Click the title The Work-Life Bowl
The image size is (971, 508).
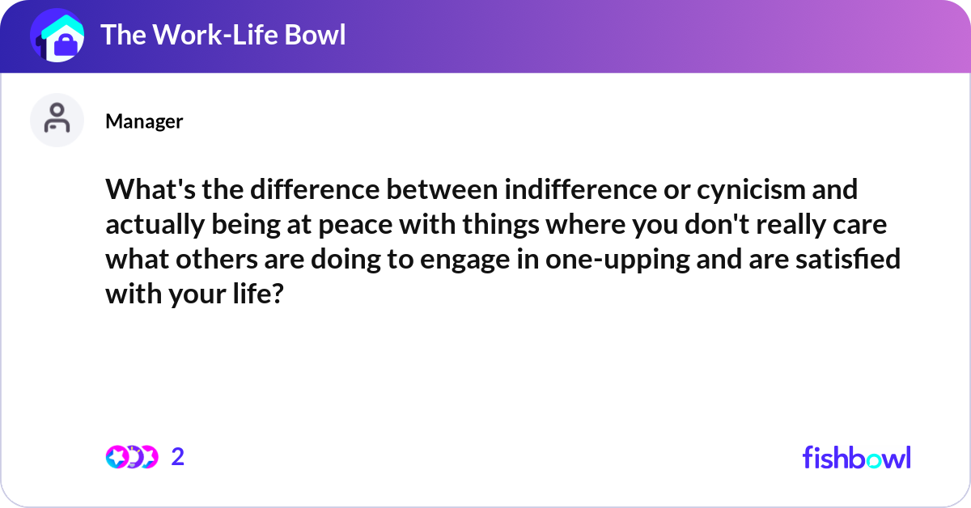(223, 35)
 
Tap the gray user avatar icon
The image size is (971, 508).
(57, 120)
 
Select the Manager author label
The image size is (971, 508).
(144, 121)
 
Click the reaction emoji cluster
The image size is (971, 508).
(131, 457)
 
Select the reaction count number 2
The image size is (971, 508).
(178, 457)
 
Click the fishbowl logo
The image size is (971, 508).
(856, 457)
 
